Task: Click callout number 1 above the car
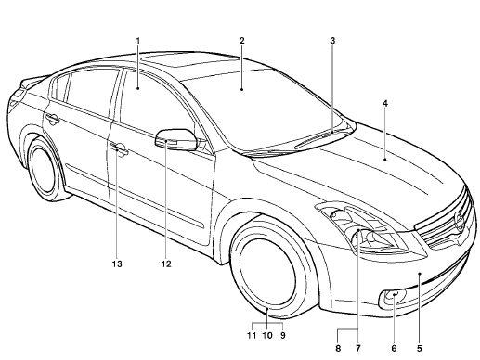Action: (x=137, y=41)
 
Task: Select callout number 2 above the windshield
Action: (x=241, y=41)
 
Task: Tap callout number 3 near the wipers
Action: (x=332, y=41)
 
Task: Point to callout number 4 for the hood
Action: (x=384, y=102)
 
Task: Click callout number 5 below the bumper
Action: (x=420, y=349)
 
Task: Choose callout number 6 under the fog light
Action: (x=394, y=349)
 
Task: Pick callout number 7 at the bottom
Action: (x=357, y=349)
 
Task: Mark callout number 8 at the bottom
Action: (x=338, y=349)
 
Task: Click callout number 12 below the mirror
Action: (x=166, y=264)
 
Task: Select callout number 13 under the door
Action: (x=118, y=264)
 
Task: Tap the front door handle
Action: (x=118, y=148)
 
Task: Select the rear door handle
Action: (x=53, y=118)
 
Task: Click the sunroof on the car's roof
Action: (x=176, y=59)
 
